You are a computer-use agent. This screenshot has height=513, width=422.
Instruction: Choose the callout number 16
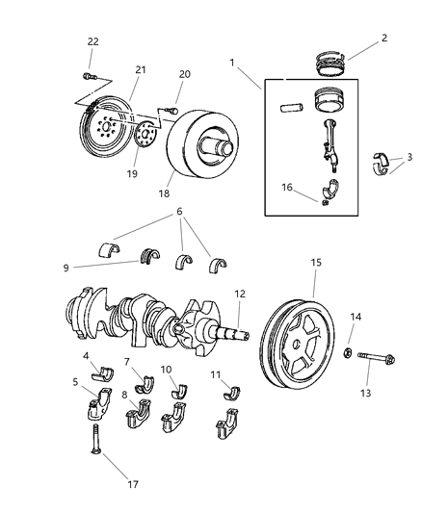pos(285,187)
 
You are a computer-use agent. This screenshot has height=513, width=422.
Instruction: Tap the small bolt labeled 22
pos(89,74)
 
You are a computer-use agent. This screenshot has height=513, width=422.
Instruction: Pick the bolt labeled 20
pos(174,112)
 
